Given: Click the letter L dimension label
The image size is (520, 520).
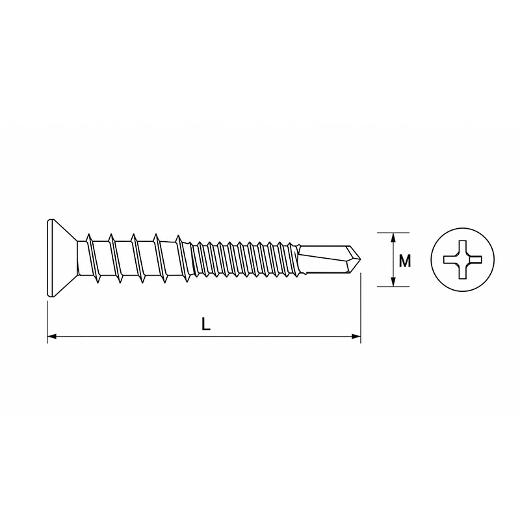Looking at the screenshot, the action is coord(206,324).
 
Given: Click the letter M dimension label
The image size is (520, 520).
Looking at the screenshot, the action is coord(404,261).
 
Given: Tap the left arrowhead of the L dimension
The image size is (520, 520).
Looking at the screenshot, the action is coord(52,337).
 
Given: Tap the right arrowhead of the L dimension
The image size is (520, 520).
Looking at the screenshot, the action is coord(356,337).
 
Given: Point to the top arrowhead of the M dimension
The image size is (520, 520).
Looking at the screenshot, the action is coord(393,237).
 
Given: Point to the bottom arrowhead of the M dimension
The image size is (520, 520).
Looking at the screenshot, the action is coord(393,281).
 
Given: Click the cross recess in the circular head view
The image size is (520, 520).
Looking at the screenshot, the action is coord(462,259).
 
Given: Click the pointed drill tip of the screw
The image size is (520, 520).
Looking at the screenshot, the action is coord(355,259).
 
